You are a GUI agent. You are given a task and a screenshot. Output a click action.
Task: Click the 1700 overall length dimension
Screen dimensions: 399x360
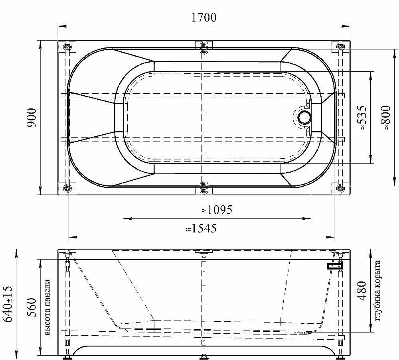pos(203,17)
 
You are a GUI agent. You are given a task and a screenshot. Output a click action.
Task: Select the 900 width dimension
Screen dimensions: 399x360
pos(32,118)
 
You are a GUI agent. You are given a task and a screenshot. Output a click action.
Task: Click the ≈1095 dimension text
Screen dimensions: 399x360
pos(217,210)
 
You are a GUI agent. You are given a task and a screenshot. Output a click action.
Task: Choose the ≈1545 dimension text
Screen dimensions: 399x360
pos(201,228)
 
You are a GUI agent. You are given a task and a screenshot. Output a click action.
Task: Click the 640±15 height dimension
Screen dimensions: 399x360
pos(8,304)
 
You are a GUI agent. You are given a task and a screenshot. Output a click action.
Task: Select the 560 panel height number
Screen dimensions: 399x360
pos(32,307)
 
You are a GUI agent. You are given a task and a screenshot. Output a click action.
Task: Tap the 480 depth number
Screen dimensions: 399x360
pos(362,290)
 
